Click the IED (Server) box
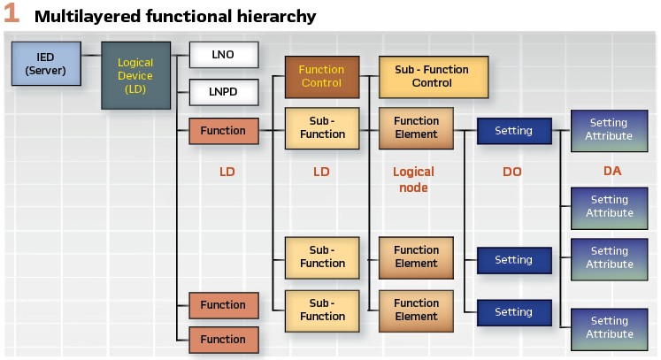tap(45, 63)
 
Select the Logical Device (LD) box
tap(135, 75)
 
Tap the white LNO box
tap(224, 55)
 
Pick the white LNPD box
tap(224, 91)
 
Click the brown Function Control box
tap(321, 76)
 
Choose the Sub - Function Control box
tap(432, 76)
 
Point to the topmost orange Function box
tap(224, 131)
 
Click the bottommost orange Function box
tap(224, 340)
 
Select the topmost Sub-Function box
tap(321, 127)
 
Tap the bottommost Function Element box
tap(416, 310)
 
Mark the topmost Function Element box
tap(416, 127)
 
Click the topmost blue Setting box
tap(513, 131)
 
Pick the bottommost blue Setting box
tap(513, 312)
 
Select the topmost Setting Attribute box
tap(609, 129)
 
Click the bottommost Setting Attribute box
tap(609, 327)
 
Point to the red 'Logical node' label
tap(413, 180)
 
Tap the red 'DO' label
tap(512, 172)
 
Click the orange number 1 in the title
tap(12, 15)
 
